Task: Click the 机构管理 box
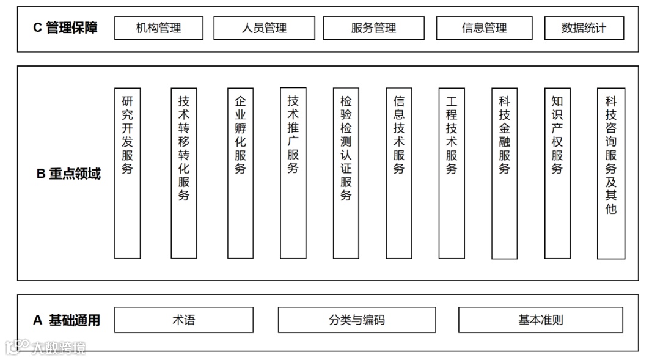click(x=158, y=28)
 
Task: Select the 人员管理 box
click(x=264, y=28)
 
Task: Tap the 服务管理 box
click(x=373, y=28)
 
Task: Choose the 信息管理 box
click(x=484, y=28)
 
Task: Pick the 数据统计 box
click(x=584, y=28)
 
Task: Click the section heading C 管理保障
click(x=65, y=28)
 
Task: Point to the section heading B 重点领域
click(x=68, y=174)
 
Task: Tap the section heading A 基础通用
click(x=66, y=320)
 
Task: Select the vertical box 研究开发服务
click(x=127, y=173)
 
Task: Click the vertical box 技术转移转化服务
click(x=183, y=173)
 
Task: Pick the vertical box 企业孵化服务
click(x=240, y=173)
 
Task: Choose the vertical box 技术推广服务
click(x=293, y=173)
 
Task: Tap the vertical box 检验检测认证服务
click(x=346, y=173)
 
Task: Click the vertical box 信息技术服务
click(x=399, y=173)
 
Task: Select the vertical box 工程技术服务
click(x=452, y=173)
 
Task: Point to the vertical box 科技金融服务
click(x=504, y=173)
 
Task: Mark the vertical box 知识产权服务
click(x=557, y=173)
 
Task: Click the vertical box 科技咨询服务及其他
click(x=611, y=173)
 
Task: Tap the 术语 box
click(x=183, y=320)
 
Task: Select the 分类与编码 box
click(x=357, y=320)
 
